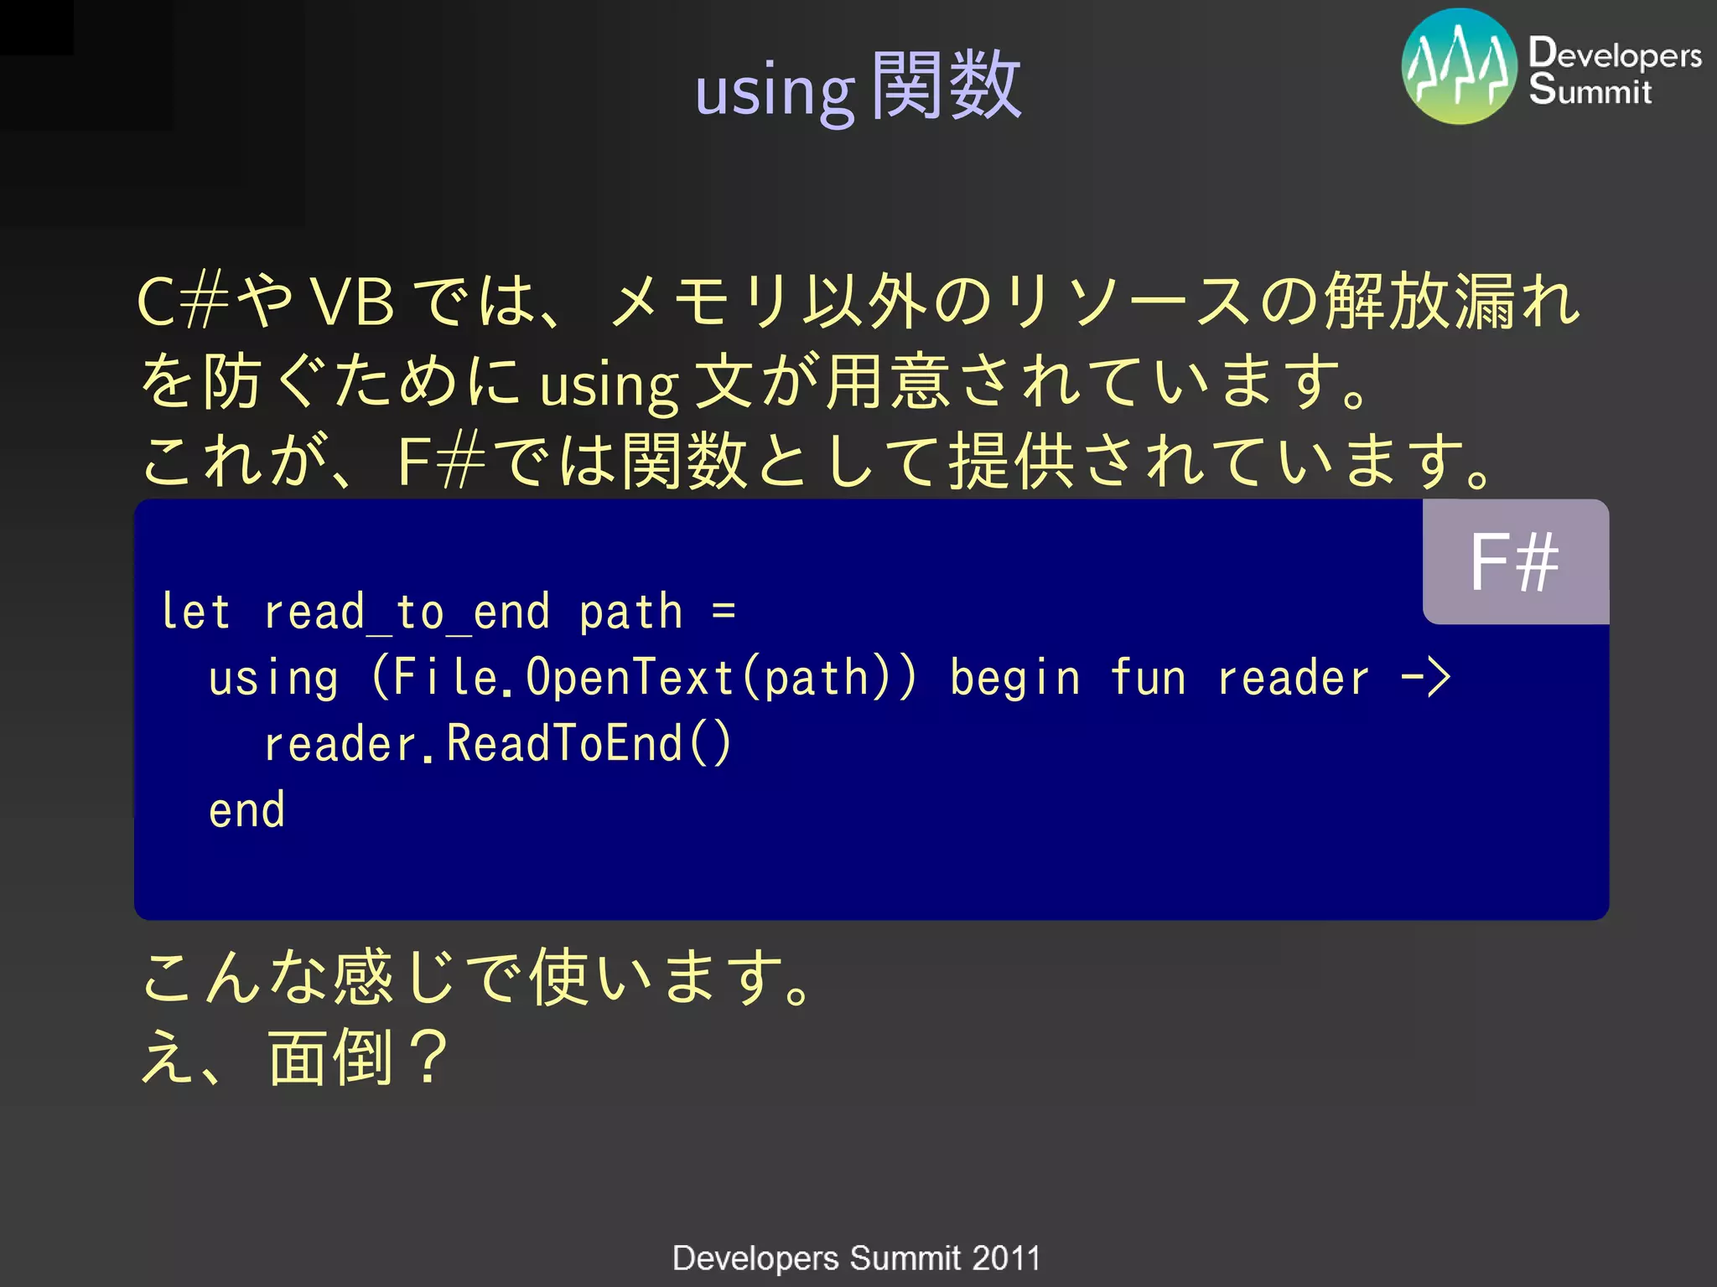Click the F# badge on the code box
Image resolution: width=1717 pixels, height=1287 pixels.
tap(1515, 562)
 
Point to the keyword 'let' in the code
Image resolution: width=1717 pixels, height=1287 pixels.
tap(195, 612)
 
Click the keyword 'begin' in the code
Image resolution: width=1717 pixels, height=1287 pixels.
tap(1015, 677)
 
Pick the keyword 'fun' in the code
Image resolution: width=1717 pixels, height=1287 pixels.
tap(1148, 677)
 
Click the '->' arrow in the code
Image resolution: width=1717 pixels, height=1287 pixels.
tap(1426, 677)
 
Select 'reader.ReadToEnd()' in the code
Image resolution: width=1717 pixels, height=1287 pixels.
tap(498, 743)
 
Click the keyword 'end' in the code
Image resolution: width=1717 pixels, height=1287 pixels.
tap(246, 810)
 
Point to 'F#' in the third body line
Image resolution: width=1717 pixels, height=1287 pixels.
tap(441, 461)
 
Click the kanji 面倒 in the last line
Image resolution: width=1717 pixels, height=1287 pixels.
tap(330, 1057)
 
